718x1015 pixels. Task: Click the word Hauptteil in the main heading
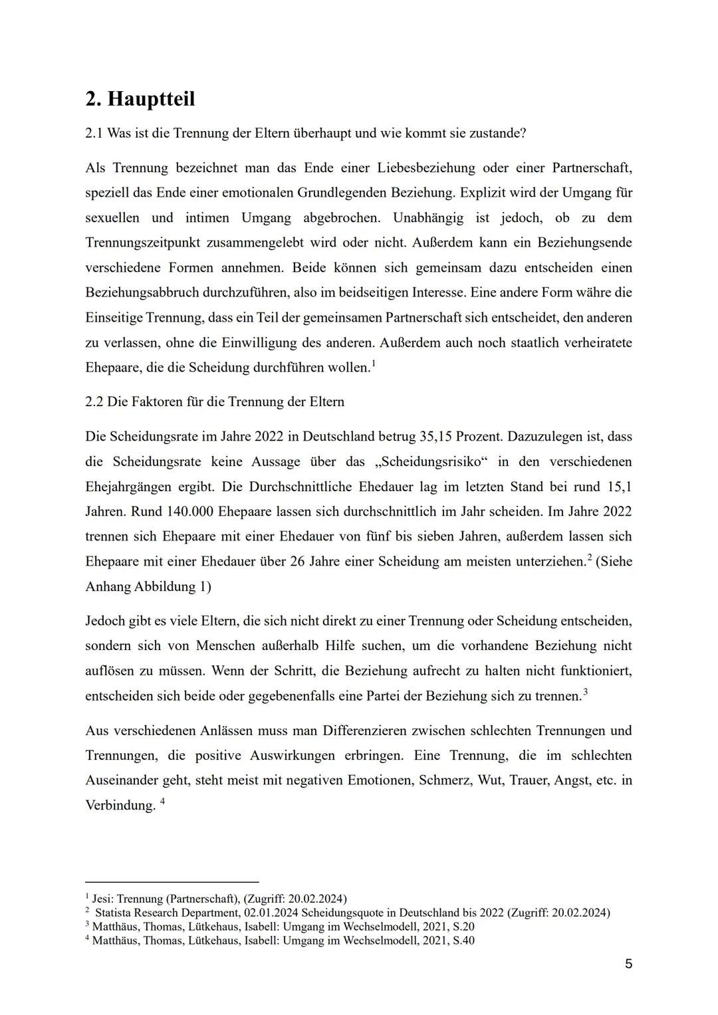click(151, 99)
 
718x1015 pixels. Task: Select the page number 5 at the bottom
click(628, 964)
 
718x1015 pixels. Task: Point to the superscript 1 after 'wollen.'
click(374, 363)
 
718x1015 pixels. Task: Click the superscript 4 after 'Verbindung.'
click(162, 801)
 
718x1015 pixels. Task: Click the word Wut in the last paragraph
click(491, 780)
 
